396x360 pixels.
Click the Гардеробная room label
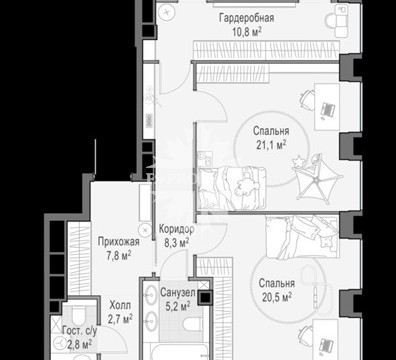246,18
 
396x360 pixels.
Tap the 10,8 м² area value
246,32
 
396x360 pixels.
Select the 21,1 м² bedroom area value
271,145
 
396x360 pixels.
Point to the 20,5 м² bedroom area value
277,297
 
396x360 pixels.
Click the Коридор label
176,229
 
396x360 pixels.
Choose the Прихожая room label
119,241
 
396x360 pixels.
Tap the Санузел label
178,293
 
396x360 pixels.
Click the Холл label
120,305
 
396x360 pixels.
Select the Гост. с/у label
80,331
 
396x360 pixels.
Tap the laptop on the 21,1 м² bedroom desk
327,110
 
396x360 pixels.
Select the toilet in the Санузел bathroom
193,324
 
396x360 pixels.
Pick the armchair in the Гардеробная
337,21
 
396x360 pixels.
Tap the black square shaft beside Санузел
205,298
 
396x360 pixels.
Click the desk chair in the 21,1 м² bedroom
307,99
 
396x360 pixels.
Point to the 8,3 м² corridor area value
177,243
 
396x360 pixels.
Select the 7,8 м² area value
119,256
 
